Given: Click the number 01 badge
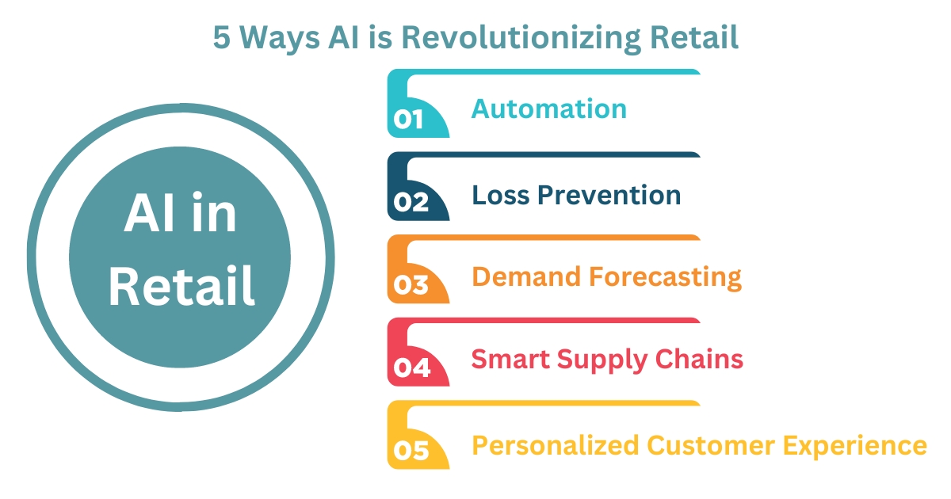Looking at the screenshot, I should [410, 119].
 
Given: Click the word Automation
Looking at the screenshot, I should [549, 109].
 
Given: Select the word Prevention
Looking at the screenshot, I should [610, 194].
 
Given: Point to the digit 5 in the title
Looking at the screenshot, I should [222, 38].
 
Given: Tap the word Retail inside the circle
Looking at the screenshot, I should [181, 286].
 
